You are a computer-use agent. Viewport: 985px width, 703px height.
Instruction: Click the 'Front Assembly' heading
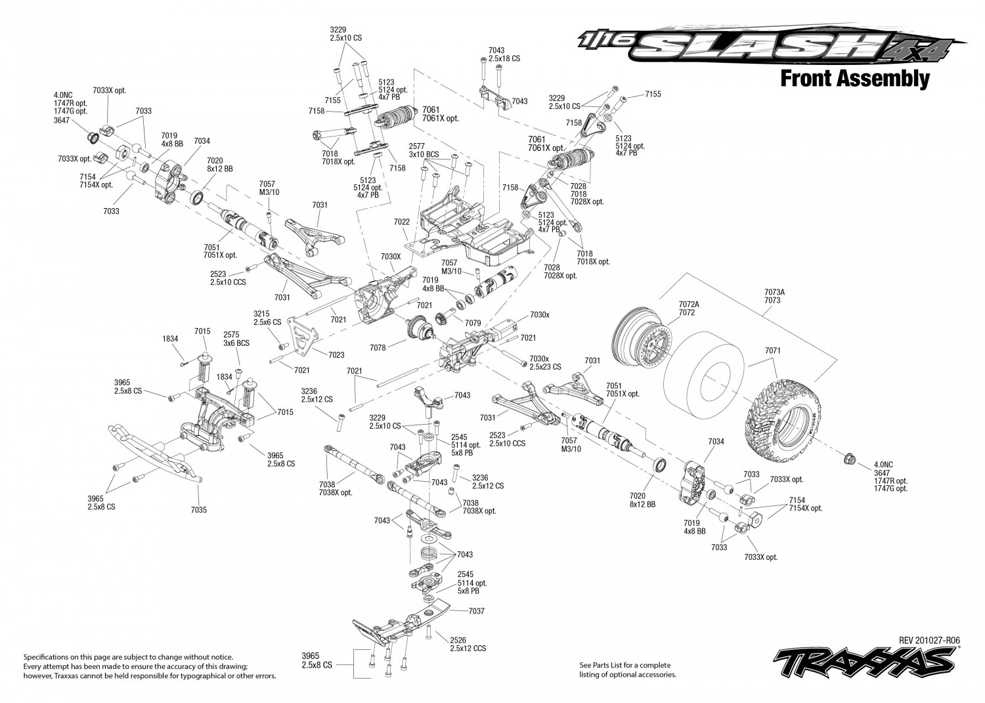point(855,79)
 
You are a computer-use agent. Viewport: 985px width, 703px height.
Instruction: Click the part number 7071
point(773,351)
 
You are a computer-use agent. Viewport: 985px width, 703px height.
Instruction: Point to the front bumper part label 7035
point(199,510)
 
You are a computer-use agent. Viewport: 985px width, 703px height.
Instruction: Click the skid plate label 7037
point(477,611)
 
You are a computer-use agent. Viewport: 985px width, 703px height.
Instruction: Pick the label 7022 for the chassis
point(401,222)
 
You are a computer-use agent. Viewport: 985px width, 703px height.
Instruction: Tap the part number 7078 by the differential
point(378,348)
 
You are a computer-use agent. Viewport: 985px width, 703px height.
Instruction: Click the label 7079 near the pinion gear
point(473,323)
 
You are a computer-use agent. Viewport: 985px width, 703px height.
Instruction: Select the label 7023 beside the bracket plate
point(336,355)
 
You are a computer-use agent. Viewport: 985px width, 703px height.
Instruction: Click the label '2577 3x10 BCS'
point(424,150)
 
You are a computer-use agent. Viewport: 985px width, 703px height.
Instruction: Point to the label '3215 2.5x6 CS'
point(267,318)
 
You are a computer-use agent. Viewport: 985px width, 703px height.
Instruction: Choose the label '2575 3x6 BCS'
point(236,339)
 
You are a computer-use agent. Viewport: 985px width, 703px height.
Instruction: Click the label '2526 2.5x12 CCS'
point(468,645)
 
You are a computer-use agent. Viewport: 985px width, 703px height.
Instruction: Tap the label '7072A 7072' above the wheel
point(689,309)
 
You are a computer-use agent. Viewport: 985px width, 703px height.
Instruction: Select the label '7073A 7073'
point(774,296)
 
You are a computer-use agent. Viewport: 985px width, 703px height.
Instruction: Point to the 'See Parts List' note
point(628,670)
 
